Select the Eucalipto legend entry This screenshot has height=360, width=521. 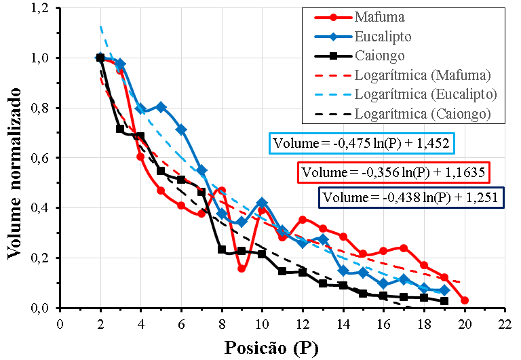(383, 35)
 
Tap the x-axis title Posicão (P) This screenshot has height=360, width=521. (271, 348)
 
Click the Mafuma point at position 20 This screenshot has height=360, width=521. (464, 300)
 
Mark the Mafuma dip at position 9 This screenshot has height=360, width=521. (242, 268)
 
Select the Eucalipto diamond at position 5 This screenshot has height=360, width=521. (161, 107)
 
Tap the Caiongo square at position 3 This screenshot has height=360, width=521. (120, 129)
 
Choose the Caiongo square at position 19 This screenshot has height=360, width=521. (444, 301)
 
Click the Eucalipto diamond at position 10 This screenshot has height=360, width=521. (262, 203)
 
